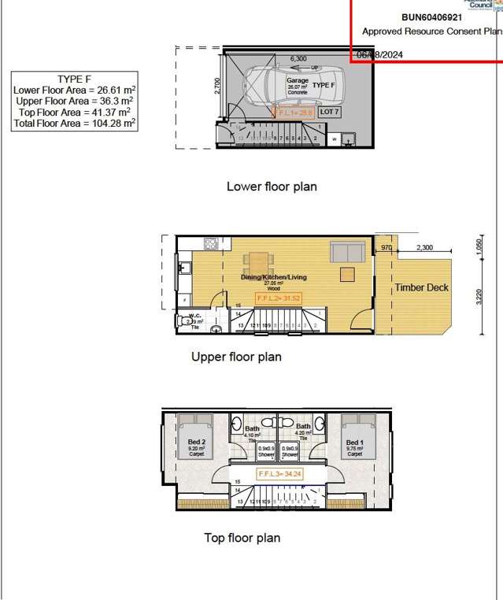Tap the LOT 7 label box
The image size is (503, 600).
click(x=330, y=113)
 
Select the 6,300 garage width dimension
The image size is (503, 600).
click(x=298, y=58)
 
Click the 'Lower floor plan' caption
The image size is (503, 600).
click(x=272, y=187)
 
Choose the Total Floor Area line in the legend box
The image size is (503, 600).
click(x=75, y=124)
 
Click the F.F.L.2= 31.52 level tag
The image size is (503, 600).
click(x=279, y=298)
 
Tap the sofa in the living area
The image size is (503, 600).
click(x=346, y=253)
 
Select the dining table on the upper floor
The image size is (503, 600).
click(x=259, y=261)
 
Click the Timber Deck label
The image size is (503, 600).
click(x=421, y=287)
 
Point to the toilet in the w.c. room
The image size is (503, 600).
click(x=187, y=320)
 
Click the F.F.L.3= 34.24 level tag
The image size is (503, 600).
click(x=279, y=475)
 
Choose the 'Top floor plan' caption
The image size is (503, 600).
click(x=242, y=539)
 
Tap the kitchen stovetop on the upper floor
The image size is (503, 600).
click(x=210, y=244)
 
